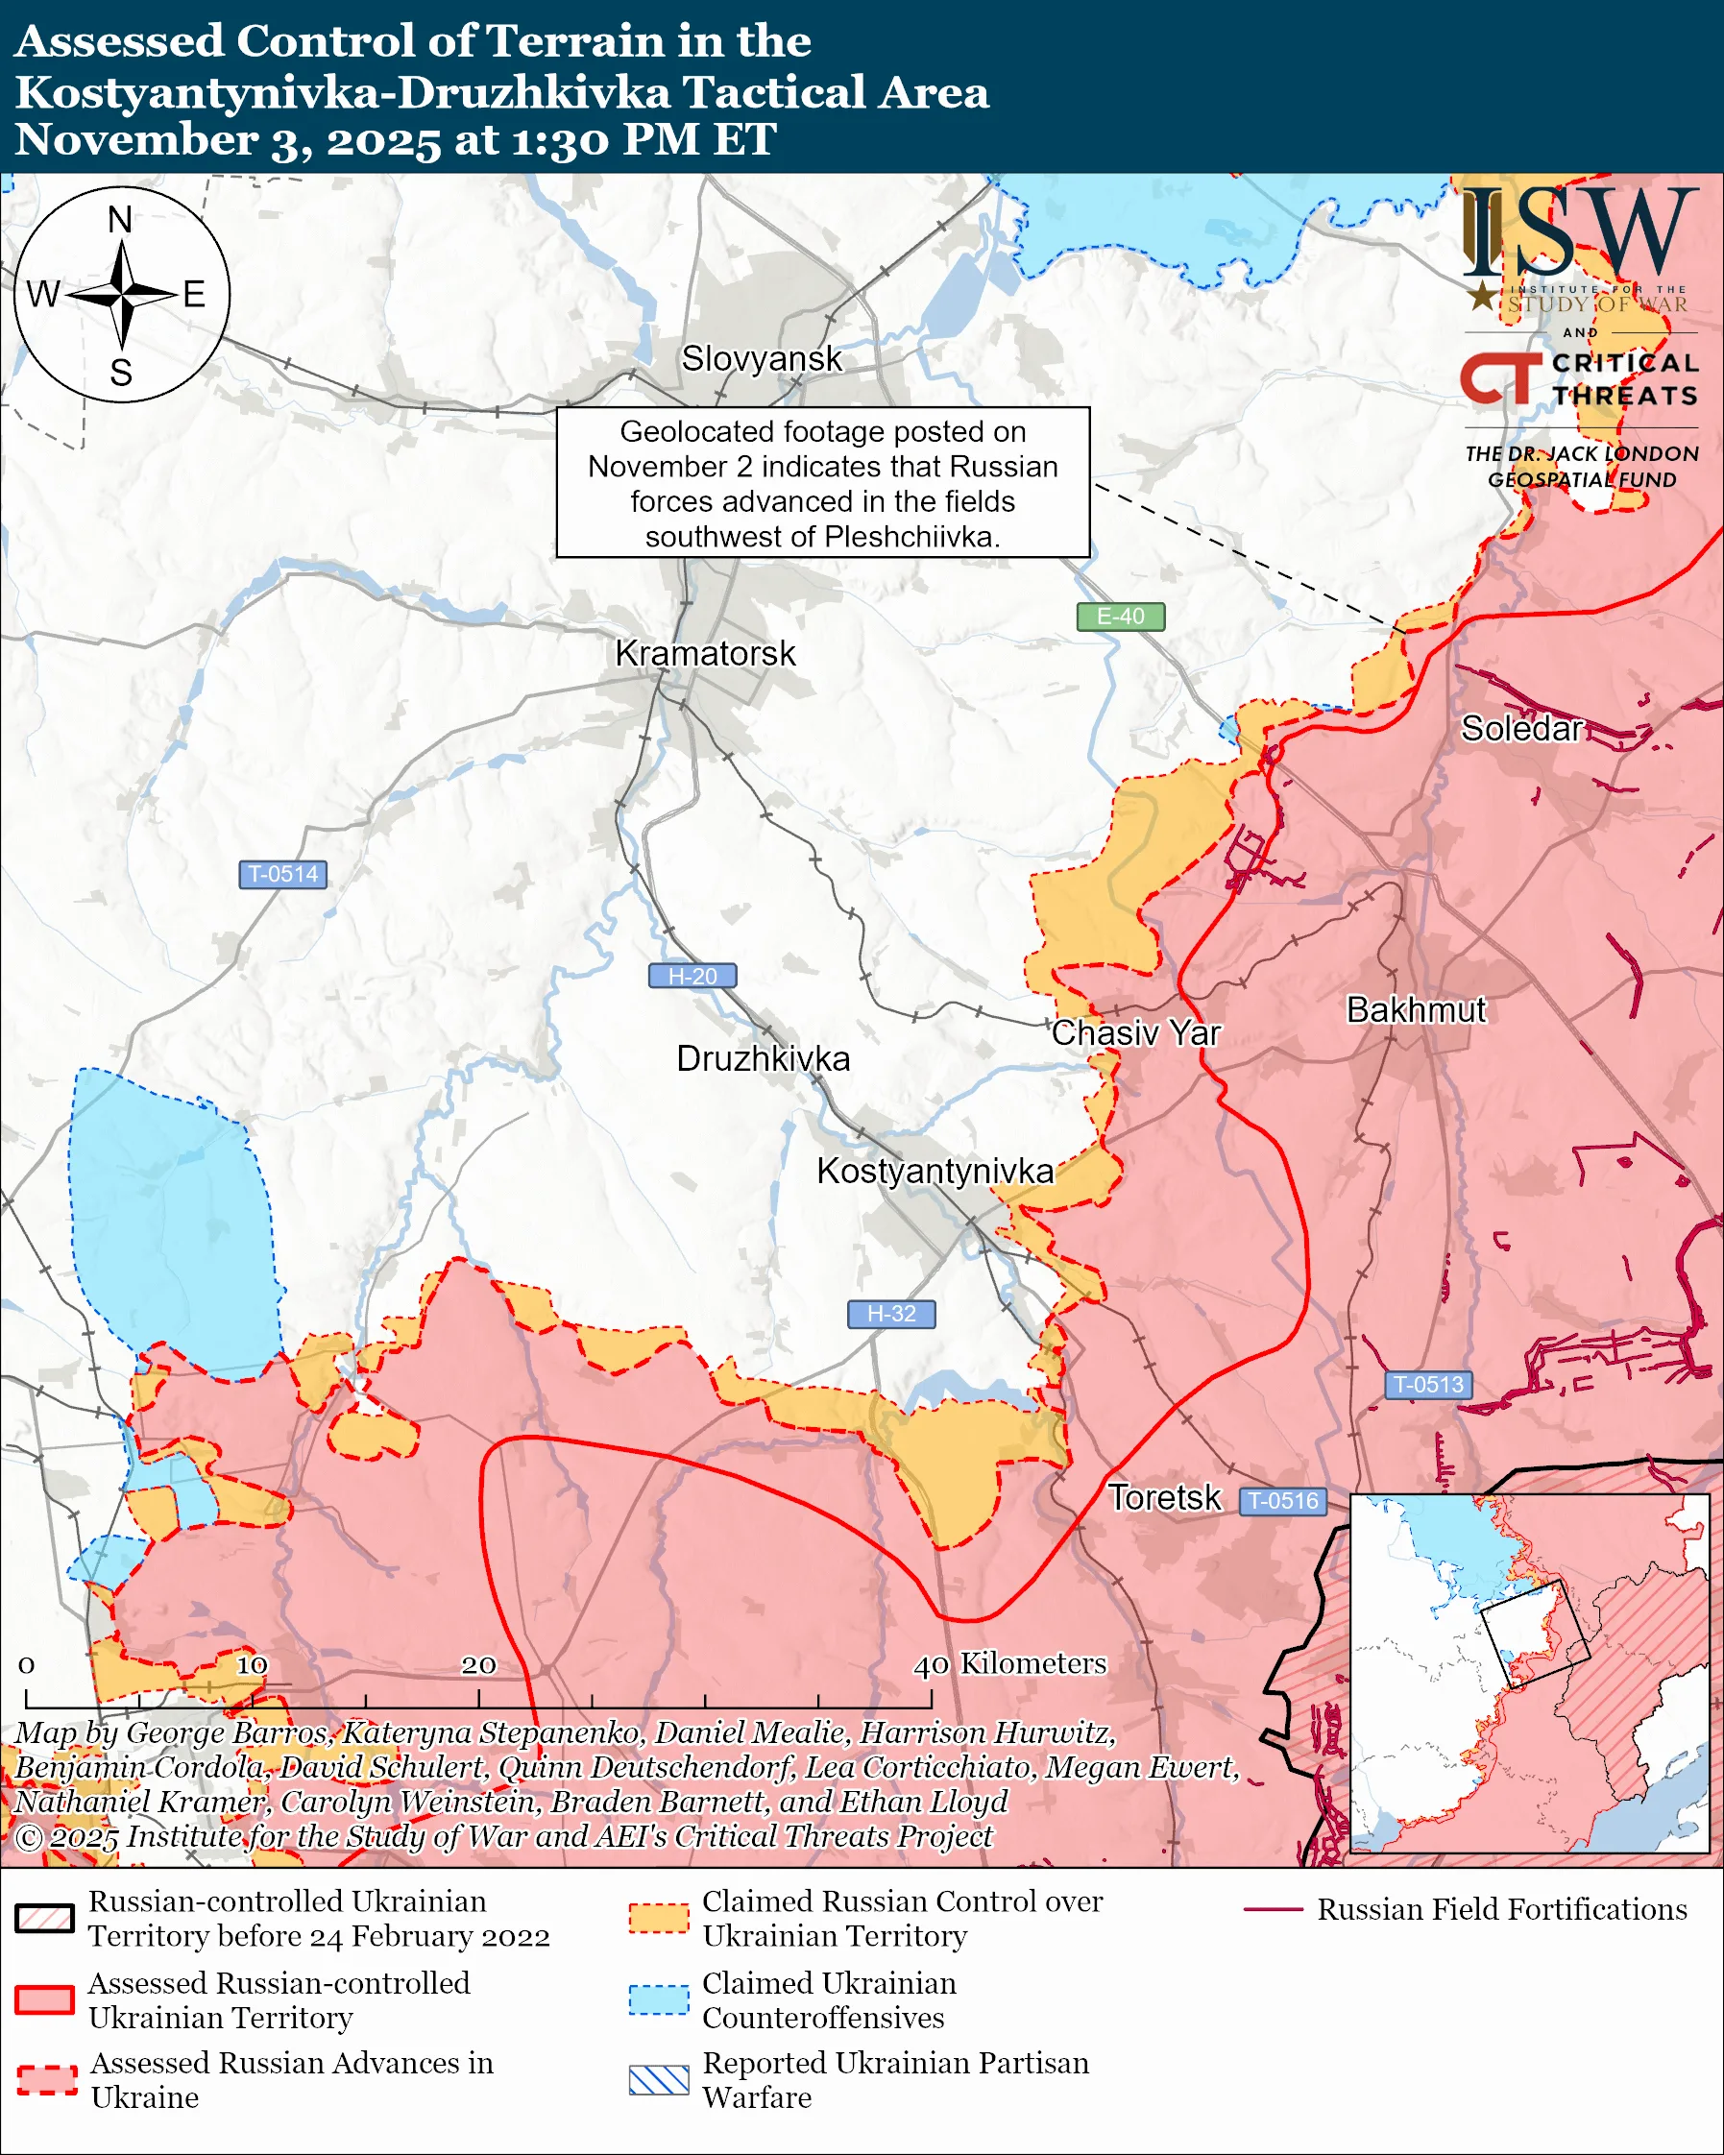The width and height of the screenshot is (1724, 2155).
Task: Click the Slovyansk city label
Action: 762,359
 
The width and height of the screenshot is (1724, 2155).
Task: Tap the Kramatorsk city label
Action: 705,654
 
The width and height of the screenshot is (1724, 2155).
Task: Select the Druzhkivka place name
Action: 763,1058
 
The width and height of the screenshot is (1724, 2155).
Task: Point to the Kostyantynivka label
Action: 935,1171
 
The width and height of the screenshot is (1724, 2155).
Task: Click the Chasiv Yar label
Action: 1135,1032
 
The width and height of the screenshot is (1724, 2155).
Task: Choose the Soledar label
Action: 1521,729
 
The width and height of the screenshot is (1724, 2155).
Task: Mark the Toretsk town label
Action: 1164,1497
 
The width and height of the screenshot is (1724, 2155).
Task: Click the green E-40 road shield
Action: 1120,617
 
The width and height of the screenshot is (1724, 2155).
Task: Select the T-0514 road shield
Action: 282,874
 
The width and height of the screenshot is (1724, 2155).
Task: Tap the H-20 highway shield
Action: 692,976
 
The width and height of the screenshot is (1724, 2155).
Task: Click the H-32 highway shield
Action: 890,1314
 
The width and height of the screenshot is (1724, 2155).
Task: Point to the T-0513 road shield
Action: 1428,1385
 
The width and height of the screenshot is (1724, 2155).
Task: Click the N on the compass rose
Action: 120,219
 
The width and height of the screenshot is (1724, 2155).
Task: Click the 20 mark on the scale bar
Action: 477,1664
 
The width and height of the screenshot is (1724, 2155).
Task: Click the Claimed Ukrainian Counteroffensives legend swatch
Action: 659,1999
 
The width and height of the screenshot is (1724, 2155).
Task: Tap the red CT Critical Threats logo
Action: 1499,378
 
